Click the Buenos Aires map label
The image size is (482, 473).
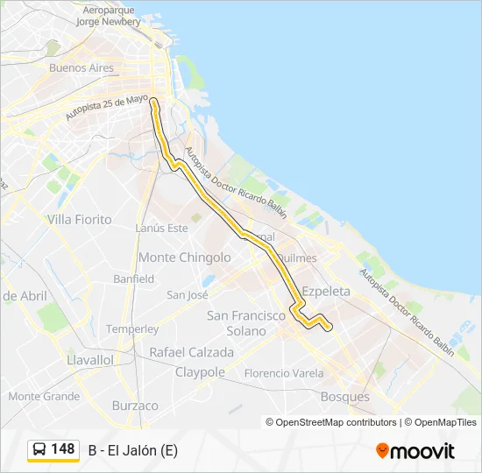click(82, 67)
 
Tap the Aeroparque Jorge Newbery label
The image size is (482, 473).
click(109, 16)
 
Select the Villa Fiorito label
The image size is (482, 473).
click(80, 219)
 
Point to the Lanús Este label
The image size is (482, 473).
click(162, 228)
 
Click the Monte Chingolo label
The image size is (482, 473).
click(185, 258)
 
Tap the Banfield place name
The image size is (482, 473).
click(133, 279)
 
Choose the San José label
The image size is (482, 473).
click(188, 295)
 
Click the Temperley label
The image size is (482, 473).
click(132, 329)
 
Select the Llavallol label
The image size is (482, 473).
click(90, 360)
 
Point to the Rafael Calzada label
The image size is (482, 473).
click(192, 352)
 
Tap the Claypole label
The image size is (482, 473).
click(200, 372)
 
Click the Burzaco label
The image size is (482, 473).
click(135, 406)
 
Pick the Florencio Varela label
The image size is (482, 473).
click(283, 373)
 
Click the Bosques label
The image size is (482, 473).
click(345, 397)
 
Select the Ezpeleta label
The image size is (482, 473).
click(325, 291)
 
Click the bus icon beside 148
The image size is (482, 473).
click(39, 450)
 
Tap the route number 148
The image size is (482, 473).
click(63, 449)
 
